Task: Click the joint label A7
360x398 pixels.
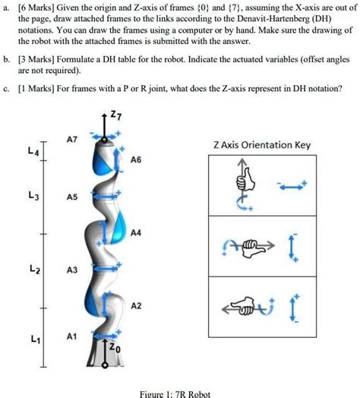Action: point(71,141)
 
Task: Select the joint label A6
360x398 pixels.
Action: point(135,161)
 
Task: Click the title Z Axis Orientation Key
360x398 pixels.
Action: point(261,145)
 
